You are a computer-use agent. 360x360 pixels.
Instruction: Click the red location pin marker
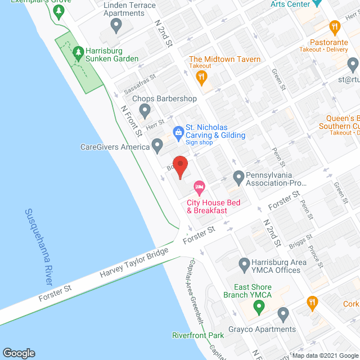coord(179,166)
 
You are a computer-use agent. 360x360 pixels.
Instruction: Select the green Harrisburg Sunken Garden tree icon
coord(77,53)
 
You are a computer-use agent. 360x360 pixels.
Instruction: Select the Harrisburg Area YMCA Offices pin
coord(244,263)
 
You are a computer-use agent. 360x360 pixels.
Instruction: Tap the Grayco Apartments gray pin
coord(283,313)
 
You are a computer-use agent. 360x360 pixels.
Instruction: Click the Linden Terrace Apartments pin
coord(117,24)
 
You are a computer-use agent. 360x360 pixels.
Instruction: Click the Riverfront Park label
coord(198,336)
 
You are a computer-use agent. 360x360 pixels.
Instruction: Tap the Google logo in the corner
coord(19,353)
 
